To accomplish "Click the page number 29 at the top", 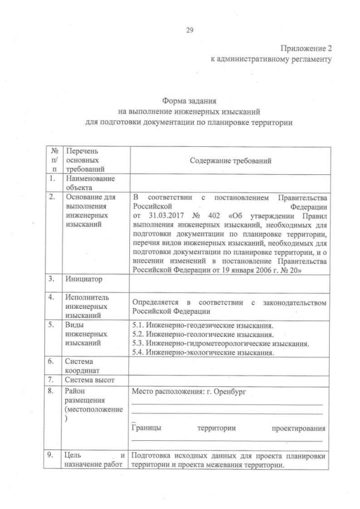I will click(x=190, y=31).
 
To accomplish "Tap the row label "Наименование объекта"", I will click(x=89, y=183).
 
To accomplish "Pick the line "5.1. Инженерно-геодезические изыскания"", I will click(x=202, y=326).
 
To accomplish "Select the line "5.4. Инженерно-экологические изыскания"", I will click(x=202, y=353).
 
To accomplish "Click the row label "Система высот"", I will click(x=89, y=380).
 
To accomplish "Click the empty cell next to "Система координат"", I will click(x=228, y=367).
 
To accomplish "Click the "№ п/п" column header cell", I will click(x=53, y=160).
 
